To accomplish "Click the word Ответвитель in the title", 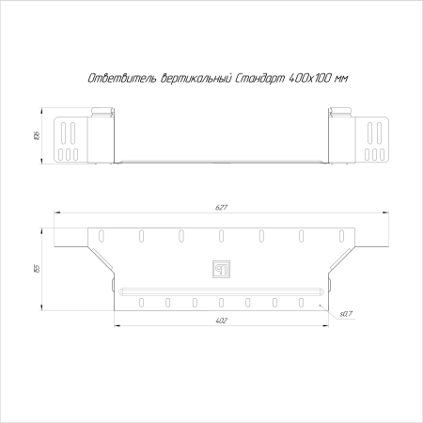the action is (122, 78).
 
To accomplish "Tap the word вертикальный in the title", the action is (196, 78).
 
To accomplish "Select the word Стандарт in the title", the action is (259, 78).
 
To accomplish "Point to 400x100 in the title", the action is (309, 78).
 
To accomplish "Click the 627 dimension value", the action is (221, 208).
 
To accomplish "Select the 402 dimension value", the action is (221, 321).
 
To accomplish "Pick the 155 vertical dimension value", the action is (37, 269).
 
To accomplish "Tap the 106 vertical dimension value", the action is (37, 135).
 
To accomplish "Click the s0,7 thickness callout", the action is (346, 314).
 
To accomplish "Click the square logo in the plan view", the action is (222, 269).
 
